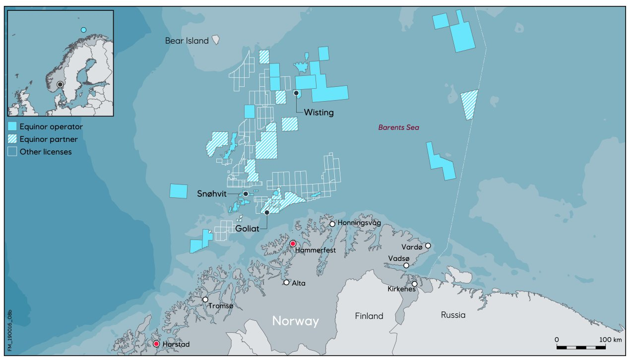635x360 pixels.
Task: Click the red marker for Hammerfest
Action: point(293,243)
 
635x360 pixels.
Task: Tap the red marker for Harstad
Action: point(156,344)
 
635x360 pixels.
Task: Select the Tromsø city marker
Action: point(205,300)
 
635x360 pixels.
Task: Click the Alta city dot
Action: point(286,282)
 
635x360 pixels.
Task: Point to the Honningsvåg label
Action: point(359,224)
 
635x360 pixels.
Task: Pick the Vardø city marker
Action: point(428,245)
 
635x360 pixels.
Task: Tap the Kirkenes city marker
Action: point(414,284)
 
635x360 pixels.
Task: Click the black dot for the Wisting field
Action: point(296,93)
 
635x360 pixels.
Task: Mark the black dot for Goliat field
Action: point(267,212)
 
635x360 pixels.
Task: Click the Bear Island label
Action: point(187,41)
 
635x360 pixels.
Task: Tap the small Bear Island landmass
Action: point(216,39)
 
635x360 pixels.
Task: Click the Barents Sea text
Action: point(398,127)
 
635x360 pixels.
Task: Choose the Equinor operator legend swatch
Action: point(12,126)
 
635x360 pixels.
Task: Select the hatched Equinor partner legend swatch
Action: point(12,139)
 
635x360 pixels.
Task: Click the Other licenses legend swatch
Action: point(12,152)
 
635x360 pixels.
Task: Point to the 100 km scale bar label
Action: point(610,339)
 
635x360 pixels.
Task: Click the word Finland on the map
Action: point(369,316)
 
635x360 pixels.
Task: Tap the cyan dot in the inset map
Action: point(83,30)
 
